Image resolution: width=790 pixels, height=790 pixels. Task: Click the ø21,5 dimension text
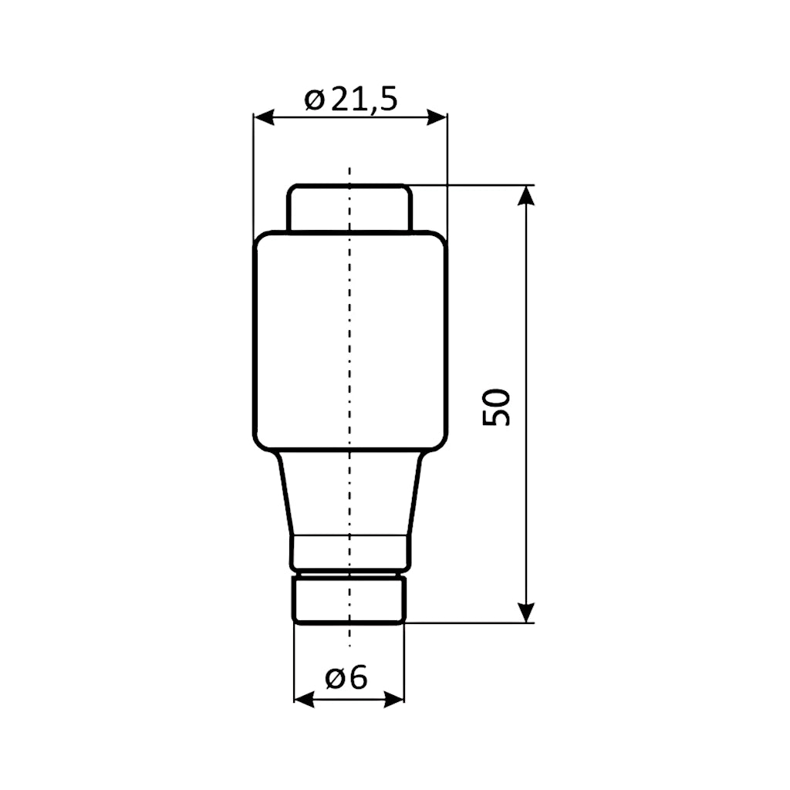(x=351, y=100)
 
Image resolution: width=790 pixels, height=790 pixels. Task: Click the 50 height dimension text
(x=497, y=406)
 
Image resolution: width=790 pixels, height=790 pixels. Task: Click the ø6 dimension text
(x=346, y=678)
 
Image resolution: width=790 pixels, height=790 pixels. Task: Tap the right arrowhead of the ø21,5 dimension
(x=437, y=117)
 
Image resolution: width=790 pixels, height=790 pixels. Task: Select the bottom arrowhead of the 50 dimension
(x=525, y=613)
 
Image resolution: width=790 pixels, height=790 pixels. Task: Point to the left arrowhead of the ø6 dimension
(x=304, y=699)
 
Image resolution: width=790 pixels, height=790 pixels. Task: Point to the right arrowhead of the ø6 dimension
(x=394, y=699)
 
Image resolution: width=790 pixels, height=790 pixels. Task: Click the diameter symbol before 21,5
(x=313, y=100)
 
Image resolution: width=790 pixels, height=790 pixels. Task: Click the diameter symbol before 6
(x=334, y=679)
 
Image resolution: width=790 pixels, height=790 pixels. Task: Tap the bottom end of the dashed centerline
(x=349, y=643)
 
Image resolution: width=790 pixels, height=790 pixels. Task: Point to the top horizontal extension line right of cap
(x=471, y=185)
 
